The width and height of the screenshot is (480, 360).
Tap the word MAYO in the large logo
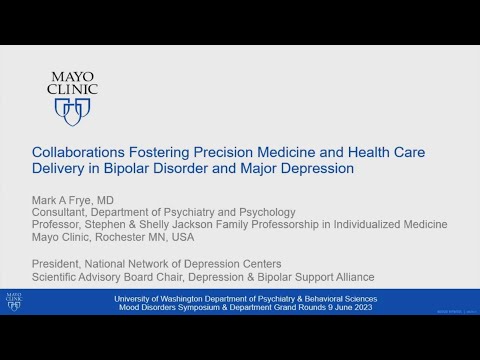click(x=72, y=73)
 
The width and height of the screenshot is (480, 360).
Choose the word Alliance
click(x=350, y=276)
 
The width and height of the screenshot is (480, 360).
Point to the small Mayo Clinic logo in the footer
click(x=13, y=301)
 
